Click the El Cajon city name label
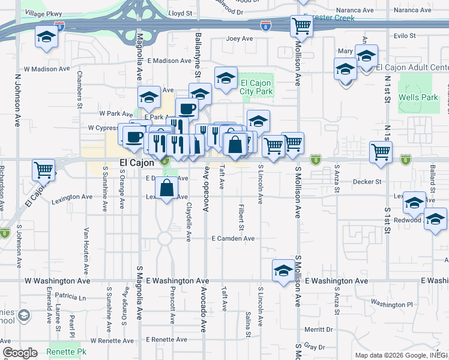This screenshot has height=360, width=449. [136, 163]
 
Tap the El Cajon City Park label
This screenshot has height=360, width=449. [257, 87]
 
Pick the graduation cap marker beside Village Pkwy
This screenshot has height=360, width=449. [46, 37]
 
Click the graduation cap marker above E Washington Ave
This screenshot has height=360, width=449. [283, 271]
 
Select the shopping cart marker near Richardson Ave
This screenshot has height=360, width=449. [43, 170]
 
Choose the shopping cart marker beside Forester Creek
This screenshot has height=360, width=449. [301, 26]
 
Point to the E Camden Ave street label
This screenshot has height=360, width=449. [234, 238]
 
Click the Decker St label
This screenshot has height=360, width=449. [367, 181]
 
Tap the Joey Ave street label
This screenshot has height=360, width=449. [240, 39]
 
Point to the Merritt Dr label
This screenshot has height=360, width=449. [318, 329]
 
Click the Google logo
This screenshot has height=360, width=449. [20, 353]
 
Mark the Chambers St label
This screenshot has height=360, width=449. [79, 90]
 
